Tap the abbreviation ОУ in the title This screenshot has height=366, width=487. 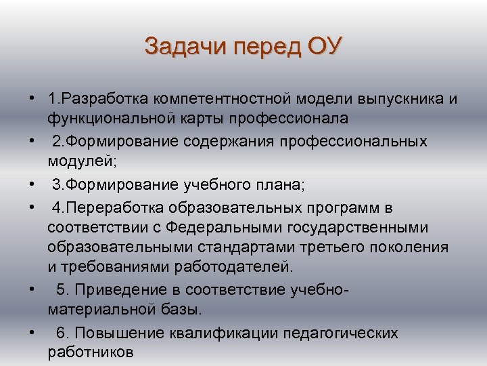tap(325, 47)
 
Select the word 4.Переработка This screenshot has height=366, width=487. tap(98, 207)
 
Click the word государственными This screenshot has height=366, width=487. tap(359, 226)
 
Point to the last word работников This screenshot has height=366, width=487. tap(91, 352)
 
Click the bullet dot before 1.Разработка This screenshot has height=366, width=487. tap(32, 100)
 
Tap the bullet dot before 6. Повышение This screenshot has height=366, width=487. tap(32, 333)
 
